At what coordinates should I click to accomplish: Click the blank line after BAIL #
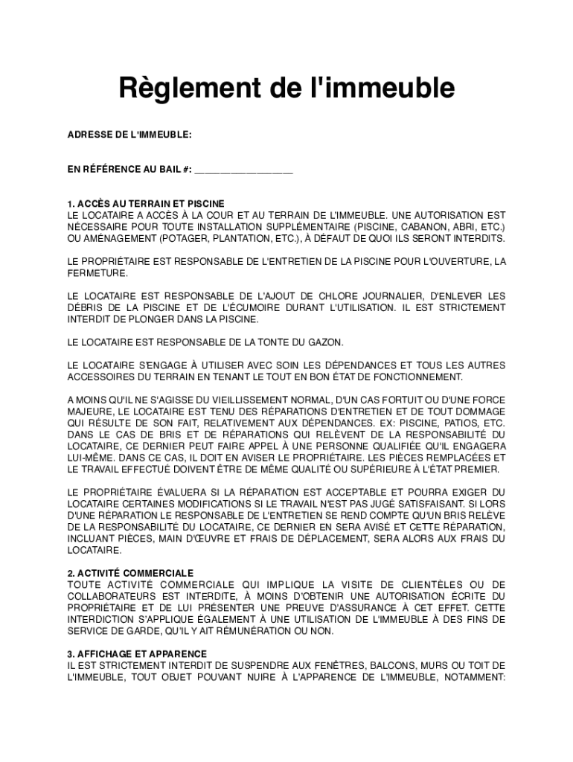pyautogui.click(x=244, y=170)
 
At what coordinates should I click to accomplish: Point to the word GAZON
pyautogui.click(x=327, y=342)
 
